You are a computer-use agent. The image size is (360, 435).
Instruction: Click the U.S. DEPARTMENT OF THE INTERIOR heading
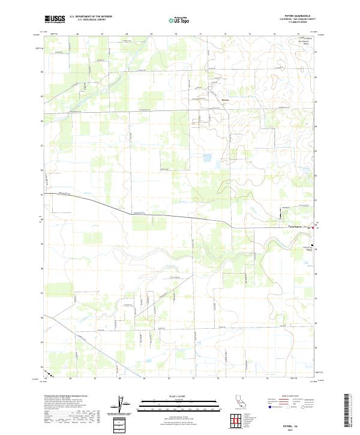tap(91, 17)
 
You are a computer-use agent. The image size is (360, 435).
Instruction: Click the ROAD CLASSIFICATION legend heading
tap(291, 397)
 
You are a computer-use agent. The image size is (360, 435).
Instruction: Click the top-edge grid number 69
tap(151, 34)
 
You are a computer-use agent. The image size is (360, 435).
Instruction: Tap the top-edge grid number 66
tap(78, 34)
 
